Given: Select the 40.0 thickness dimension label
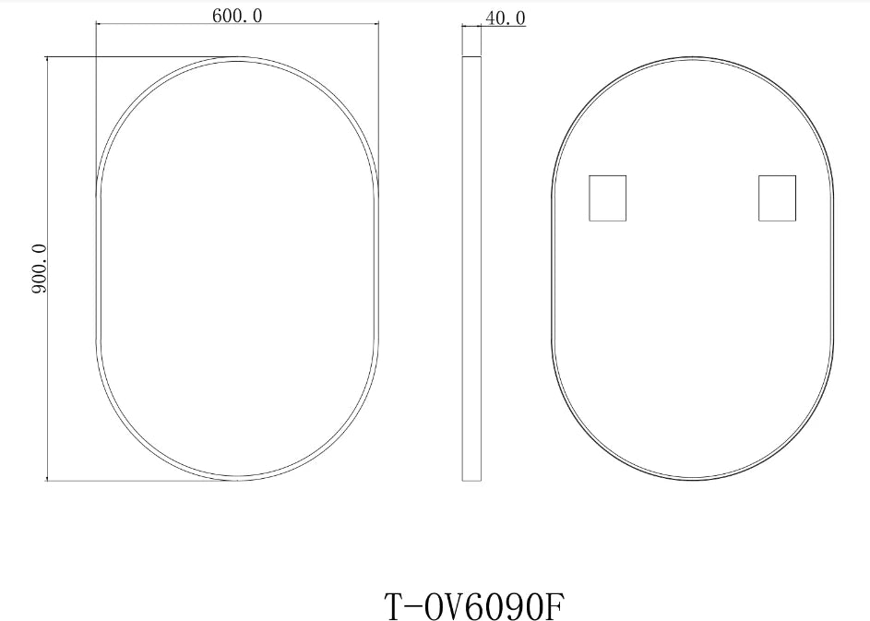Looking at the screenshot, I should [505, 18].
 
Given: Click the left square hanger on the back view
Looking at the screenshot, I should [607, 197].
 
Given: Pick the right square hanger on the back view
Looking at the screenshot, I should [777, 197].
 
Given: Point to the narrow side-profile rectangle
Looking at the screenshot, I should [471, 268].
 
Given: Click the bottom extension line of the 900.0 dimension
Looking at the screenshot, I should [138, 480].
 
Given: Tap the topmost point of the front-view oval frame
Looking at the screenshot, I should [238, 58].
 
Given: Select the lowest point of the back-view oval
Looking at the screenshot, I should [693, 480].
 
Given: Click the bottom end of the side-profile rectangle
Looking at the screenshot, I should [471, 480].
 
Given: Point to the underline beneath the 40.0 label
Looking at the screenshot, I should [504, 27].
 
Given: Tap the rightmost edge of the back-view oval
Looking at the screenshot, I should [833, 268].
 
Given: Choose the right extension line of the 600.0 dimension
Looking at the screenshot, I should [379, 92].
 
